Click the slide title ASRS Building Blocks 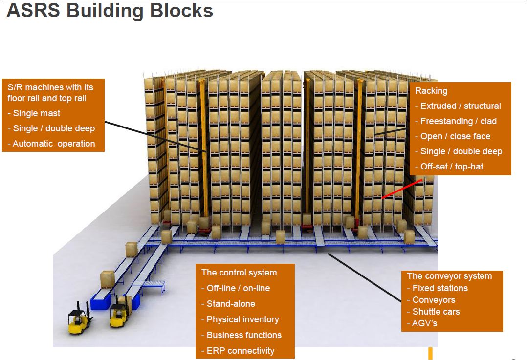click(x=110, y=11)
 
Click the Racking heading click(x=431, y=91)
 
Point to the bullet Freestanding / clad click(x=458, y=121)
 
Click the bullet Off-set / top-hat click(x=451, y=167)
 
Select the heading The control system click(x=239, y=273)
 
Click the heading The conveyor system click(x=449, y=276)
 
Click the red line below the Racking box click(x=402, y=189)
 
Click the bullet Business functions click(x=243, y=335)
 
